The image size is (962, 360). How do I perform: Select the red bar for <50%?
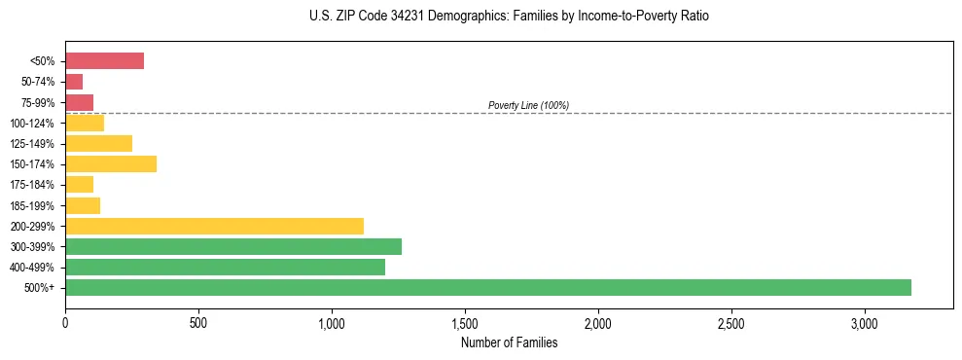click(104, 61)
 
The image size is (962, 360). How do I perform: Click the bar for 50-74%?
click(74, 82)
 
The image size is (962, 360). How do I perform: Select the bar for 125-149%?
click(98, 143)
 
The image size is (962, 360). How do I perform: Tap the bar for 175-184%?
click(79, 184)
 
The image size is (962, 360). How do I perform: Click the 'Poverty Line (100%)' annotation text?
click(528, 105)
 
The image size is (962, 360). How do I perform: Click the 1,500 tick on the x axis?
click(465, 323)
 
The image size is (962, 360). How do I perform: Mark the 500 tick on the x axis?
click(198, 323)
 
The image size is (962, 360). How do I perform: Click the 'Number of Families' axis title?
click(509, 342)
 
